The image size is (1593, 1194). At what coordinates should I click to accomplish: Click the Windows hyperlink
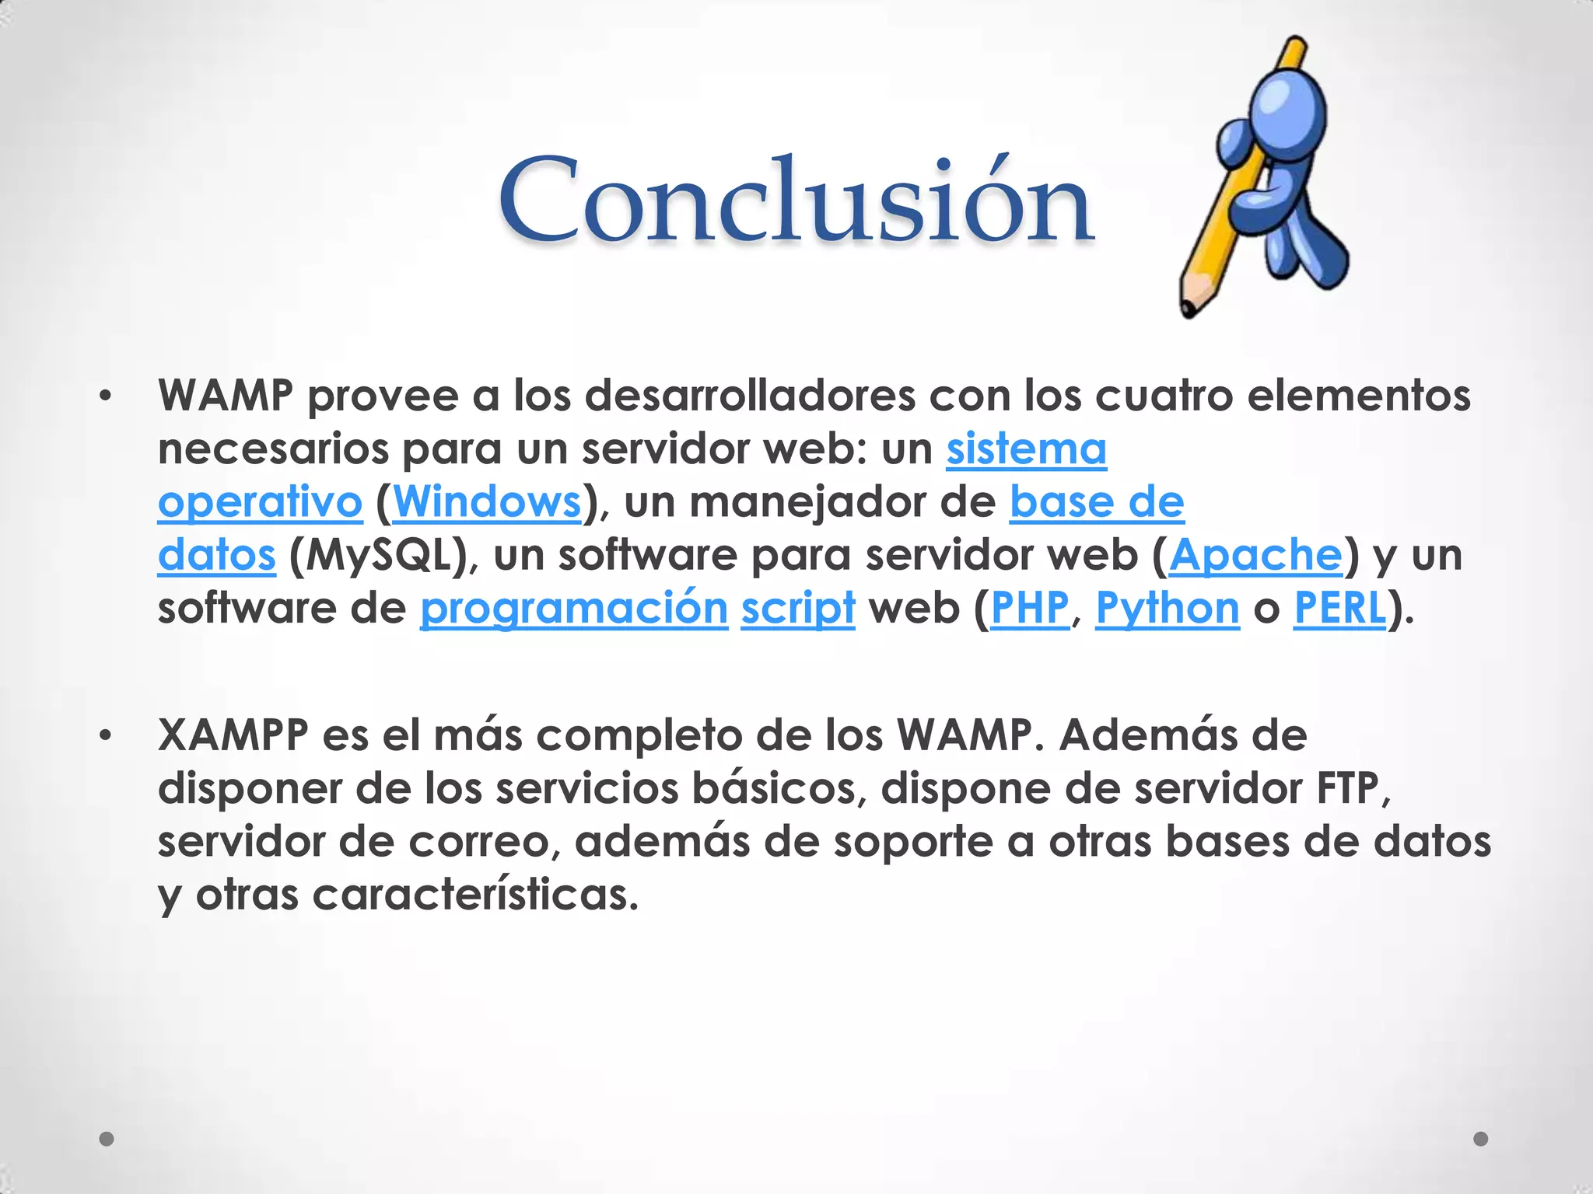pos(488,502)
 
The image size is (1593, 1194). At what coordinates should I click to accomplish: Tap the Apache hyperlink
pos(1255,555)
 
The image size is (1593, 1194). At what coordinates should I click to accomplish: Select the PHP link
pos(1030,608)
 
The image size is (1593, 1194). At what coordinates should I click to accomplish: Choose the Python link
pos(1167,608)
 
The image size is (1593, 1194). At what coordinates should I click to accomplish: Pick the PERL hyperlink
pos(1339,608)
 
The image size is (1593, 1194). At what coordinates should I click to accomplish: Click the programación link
pos(574,608)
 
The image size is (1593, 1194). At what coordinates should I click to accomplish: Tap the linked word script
pos(797,608)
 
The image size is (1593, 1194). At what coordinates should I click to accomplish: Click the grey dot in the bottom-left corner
pos(107,1139)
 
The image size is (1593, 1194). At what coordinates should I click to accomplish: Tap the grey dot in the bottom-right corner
pos(1481,1139)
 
